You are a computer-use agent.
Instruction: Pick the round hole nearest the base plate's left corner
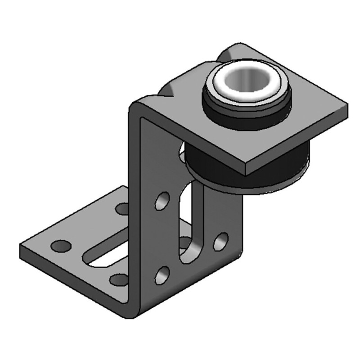pyautogui.click(x=61, y=246)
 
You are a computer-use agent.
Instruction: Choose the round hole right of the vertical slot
pyautogui.click(x=220, y=241)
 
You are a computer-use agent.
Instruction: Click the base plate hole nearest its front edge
pyautogui.click(x=118, y=280)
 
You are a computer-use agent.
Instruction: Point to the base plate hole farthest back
pyautogui.click(x=122, y=208)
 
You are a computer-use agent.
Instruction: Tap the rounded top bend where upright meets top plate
pyautogui.click(x=137, y=106)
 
